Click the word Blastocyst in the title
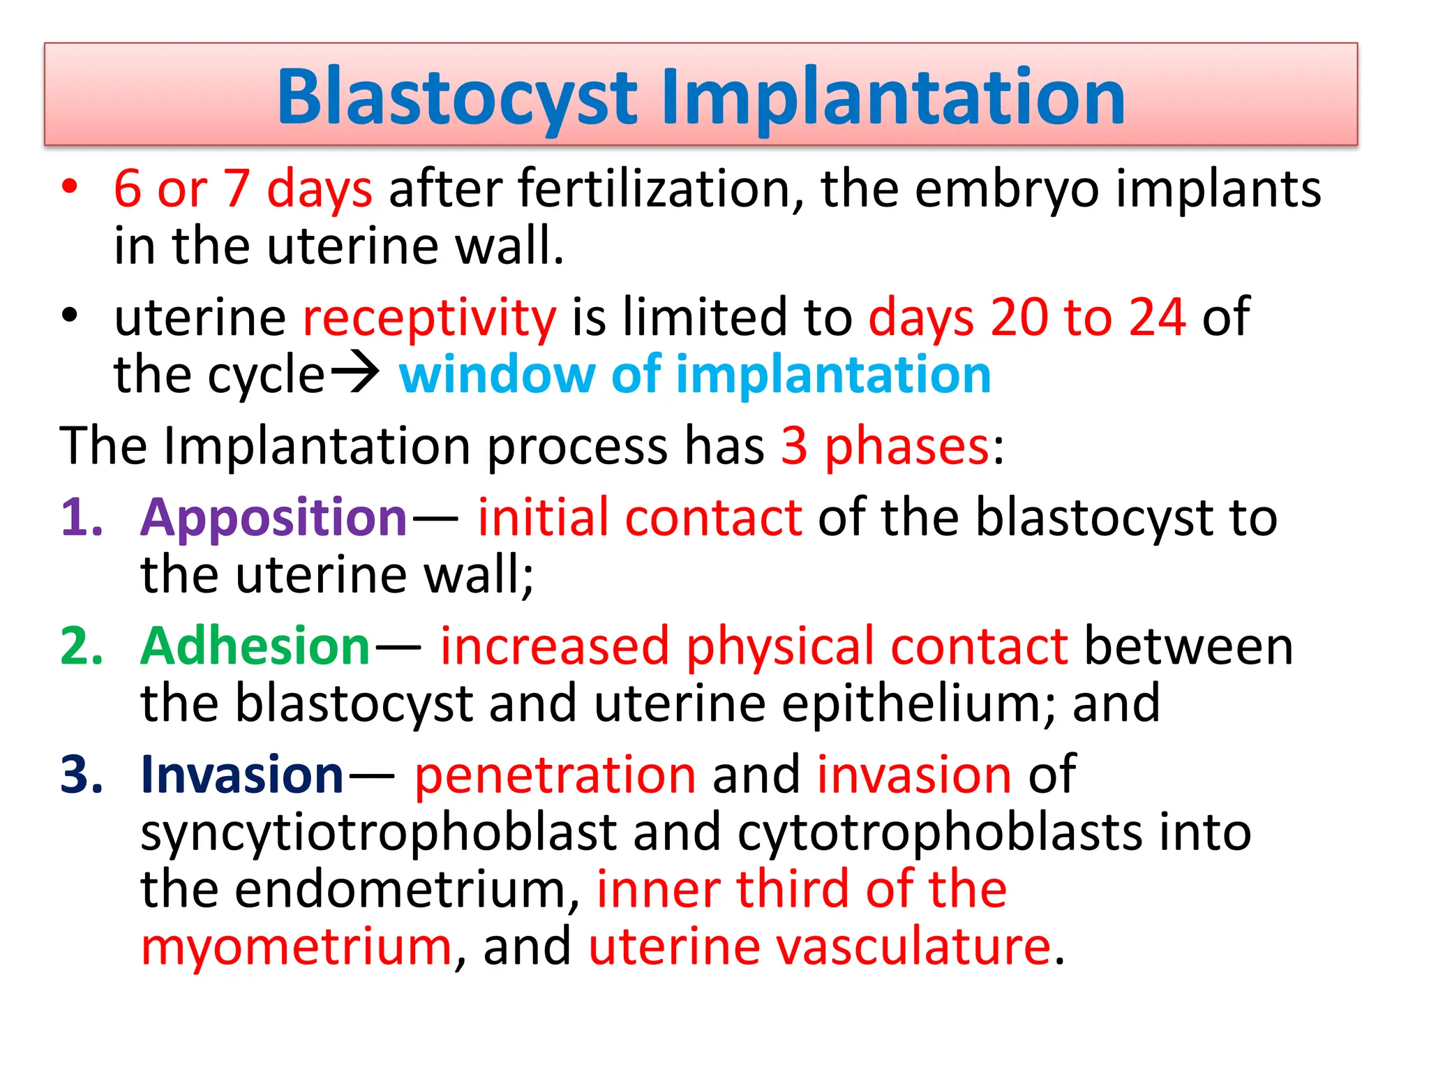(x=457, y=98)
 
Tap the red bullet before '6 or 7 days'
(x=69, y=187)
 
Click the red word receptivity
(x=429, y=318)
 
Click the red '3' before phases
(x=794, y=446)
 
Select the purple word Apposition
(x=274, y=519)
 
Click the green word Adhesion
(x=255, y=646)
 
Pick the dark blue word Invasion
(x=242, y=775)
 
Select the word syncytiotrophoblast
(x=379, y=833)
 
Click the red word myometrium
(x=297, y=948)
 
